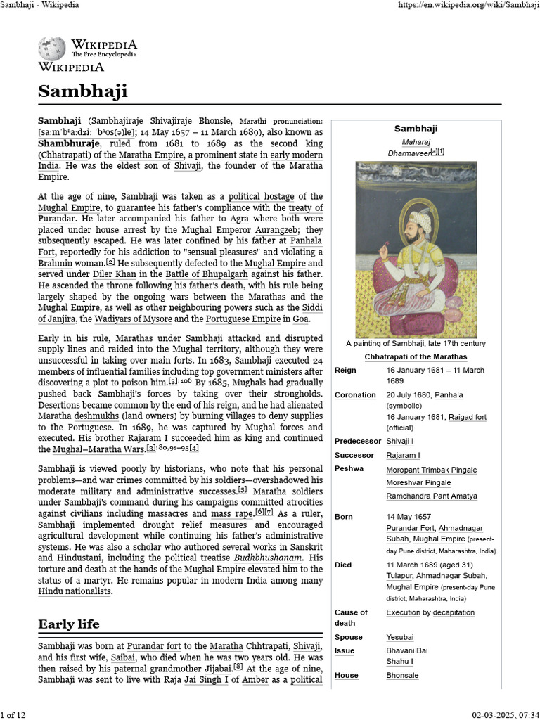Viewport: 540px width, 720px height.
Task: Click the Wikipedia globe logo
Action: tap(52, 49)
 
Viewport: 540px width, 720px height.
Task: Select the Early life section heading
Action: tap(69, 624)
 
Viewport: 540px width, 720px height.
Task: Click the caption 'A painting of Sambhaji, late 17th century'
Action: tap(416, 344)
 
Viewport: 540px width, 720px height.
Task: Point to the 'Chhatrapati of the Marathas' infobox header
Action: tap(415, 356)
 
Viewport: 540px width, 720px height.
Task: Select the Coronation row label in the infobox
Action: tap(355, 395)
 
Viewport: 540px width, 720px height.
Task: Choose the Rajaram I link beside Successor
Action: tap(403, 455)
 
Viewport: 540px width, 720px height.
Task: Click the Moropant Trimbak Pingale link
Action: tap(431, 470)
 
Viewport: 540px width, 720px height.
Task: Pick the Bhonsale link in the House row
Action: tap(402, 675)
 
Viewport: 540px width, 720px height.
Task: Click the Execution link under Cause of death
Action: tap(403, 612)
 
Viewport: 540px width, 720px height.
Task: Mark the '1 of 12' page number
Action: tap(13, 714)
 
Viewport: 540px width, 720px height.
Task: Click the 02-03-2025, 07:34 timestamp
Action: tap(505, 714)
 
